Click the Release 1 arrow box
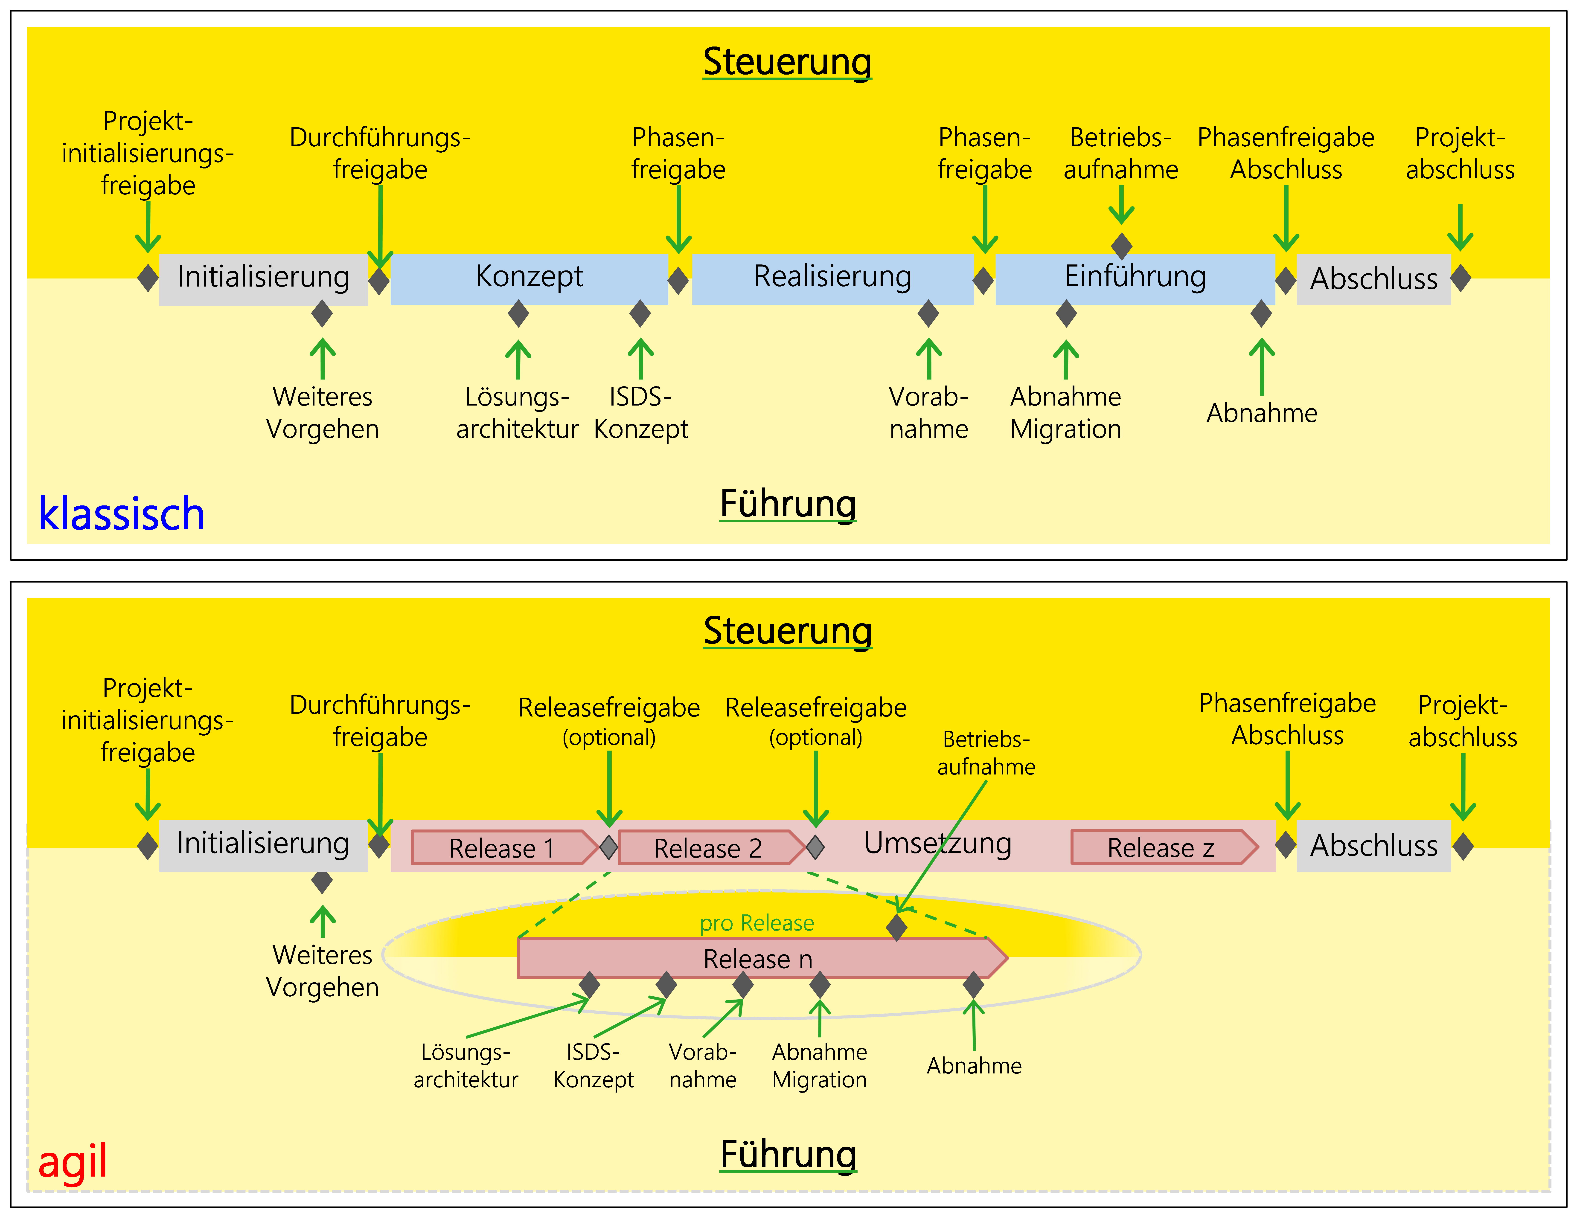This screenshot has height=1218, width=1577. coord(502,848)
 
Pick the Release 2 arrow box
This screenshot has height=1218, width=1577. coord(708,848)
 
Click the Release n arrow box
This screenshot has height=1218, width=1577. coord(758,959)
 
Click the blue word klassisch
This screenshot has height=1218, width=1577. coord(121,514)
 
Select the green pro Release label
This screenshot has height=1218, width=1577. coord(757,923)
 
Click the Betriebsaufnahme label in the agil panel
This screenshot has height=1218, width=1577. coord(986,753)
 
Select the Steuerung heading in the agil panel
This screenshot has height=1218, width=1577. coord(788,630)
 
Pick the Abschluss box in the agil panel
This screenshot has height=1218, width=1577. coord(1373,845)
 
